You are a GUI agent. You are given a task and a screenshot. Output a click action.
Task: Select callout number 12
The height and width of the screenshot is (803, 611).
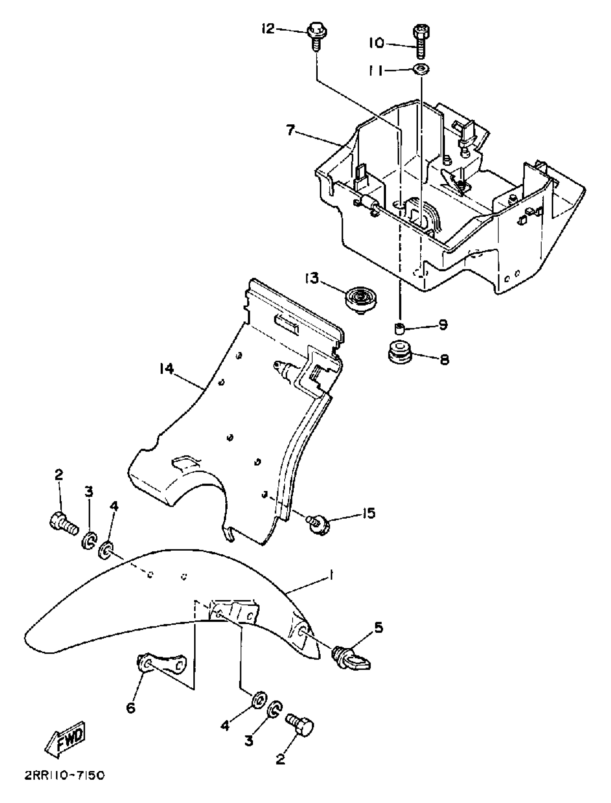[x=269, y=28]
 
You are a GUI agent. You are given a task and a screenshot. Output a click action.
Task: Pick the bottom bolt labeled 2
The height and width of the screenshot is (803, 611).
[x=300, y=715]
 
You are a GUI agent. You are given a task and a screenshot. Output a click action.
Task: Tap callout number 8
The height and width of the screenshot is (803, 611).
[x=444, y=359]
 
